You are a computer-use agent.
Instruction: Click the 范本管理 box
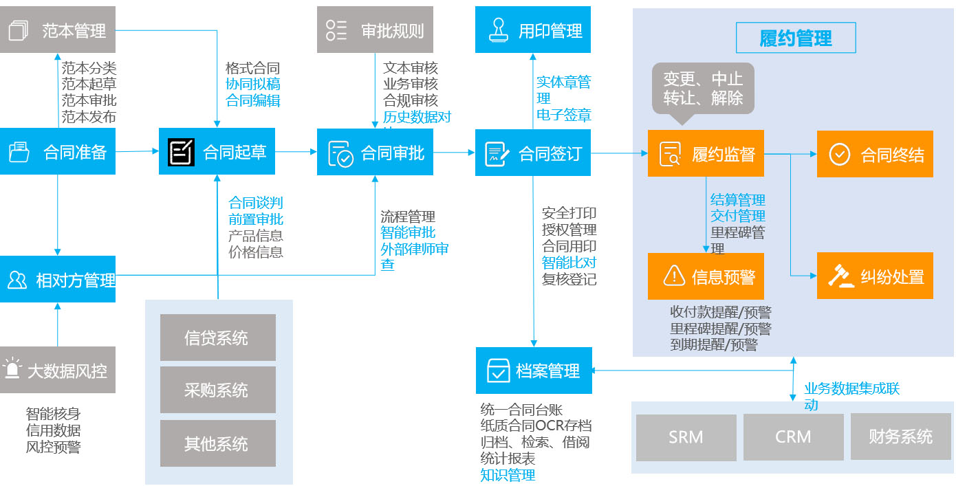pyautogui.click(x=58, y=30)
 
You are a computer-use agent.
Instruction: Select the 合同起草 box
pyautogui.click(x=217, y=151)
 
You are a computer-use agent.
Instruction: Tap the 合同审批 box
pyautogui.click(x=376, y=151)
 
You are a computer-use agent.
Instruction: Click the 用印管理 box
pyautogui.click(x=533, y=30)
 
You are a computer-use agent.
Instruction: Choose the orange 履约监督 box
pyautogui.click(x=706, y=153)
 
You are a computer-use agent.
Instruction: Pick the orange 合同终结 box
pyautogui.click(x=875, y=154)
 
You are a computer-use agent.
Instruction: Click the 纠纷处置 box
pyautogui.click(x=875, y=276)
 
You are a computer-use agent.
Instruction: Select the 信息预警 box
pyautogui.click(x=706, y=276)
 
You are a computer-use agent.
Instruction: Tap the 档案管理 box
pyautogui.click(x=534, y=371)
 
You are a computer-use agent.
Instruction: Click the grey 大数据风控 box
pyautogui.click(x=58, y=371)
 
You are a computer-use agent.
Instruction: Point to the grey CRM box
pyautogui.click(x=793, y=437)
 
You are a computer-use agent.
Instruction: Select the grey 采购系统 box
pyautogui.click(x=217, y=390)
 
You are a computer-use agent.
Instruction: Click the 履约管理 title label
pyautogui.click(x=796, y=38)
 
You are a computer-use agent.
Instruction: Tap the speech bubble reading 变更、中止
pyautogui.click(x=703, y=88)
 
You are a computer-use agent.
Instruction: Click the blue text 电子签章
pyautogui.click(x=564, y=115)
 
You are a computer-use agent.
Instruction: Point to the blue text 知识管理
pyautogui.click(x=508, y=475)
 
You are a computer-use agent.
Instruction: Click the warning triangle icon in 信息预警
pyautogui.click(x=672, y=276)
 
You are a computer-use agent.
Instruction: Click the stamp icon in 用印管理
pyautogui.click(x=497, y=30)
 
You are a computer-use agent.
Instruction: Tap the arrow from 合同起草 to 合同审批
pyautogui.click(x=296, y=151)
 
